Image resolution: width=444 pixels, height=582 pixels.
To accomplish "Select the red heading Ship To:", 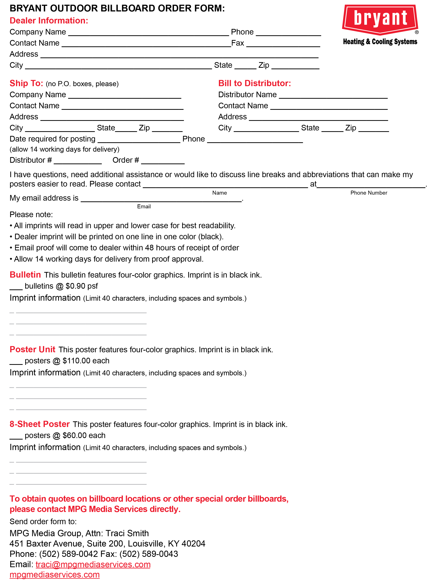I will [26, 83].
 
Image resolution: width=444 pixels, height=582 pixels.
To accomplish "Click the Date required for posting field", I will [139, 140].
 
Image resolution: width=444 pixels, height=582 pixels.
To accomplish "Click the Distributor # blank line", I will [78, 161].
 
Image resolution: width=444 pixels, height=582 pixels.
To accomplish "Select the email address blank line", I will [161, 199].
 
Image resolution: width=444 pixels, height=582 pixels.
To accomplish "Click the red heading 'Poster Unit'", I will [32, 349].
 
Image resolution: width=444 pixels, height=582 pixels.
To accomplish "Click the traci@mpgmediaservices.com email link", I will [93, 564].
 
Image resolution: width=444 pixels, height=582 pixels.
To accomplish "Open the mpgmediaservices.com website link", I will [54, 575].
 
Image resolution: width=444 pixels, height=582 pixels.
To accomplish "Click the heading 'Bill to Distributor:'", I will [254, 83].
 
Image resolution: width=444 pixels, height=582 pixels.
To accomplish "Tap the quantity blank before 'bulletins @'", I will [16, 287].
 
